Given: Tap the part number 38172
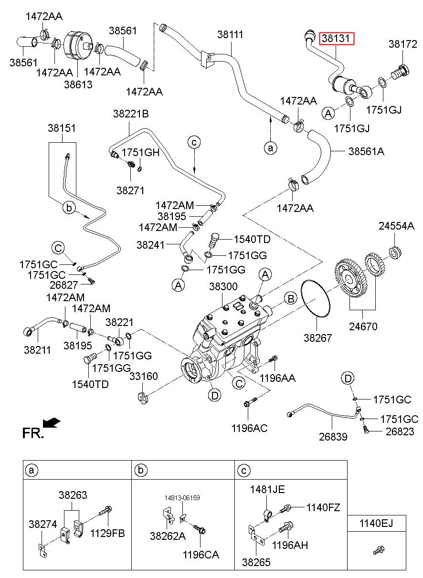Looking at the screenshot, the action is [x=402, y=44].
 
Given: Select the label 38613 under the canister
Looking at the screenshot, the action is [x=78, y=84].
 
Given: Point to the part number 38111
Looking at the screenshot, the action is [x=230, y=34].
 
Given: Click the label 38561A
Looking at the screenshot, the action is [x=366, y=151].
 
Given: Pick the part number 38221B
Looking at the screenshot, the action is [x=131, y=114].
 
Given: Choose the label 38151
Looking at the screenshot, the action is [x=62, y=128].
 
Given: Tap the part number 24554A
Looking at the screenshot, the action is [x=396, y=226].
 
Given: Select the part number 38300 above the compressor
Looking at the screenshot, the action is [x=223, y=286].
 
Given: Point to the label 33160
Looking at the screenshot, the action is [x=143, y=376].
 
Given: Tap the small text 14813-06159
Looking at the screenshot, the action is [x=182, y=498].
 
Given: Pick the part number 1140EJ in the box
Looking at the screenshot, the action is [x=376, y=524].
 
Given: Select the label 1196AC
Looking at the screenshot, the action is [x=249, y=428].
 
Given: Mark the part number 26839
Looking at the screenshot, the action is [x=333, y=437].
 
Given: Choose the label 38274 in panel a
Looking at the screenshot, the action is [x=42, y=524].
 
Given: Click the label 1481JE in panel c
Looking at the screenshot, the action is [x=267, y=489].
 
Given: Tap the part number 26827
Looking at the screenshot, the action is [x=63, y=285].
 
